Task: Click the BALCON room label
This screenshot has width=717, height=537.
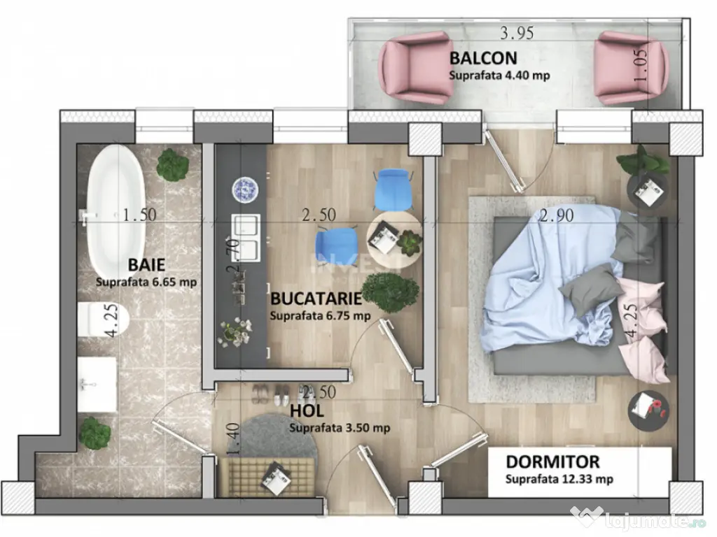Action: click(483, 57)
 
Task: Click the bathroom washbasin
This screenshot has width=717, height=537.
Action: click(96, 384)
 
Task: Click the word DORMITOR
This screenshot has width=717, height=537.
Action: click(552, 462)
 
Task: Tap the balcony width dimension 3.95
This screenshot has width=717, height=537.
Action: click(517, 32)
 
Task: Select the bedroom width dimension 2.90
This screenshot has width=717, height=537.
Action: click(557, 216)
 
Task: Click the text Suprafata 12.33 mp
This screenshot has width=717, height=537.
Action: click(559, 480)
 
